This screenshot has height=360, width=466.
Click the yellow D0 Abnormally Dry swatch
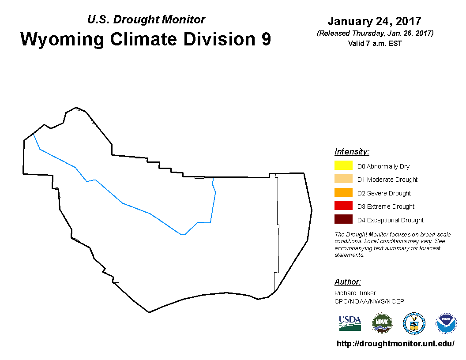(x=343, y=165)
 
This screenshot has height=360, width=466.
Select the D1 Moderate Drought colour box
(x=343, y=179)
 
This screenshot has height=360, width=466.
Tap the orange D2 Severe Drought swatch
(x=343, y=192)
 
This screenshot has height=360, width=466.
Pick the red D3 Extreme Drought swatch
(x=343, y=206)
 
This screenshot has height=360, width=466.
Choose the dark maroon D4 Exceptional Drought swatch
(x=343, y=219)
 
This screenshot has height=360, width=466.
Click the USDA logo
(x=350, y=323)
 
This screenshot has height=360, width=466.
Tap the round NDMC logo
(x=382, y=323)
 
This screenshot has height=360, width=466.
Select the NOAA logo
(x=446, y=323)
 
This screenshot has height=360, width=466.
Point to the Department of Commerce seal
(x=414, y=323)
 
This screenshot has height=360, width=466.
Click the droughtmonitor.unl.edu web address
(x=395, y=344)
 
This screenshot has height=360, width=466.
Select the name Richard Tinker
(x=355, y=293)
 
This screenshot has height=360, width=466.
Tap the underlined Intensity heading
(x=352, y=151)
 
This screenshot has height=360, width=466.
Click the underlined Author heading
(x=347, y=281)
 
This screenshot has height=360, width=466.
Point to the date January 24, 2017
(x=375, y=21)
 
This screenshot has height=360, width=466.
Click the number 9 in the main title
(x=266, y=39)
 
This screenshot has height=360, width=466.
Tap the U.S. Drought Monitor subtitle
(x=146, y=19)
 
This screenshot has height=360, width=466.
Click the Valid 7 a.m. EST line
(x=375, y=43)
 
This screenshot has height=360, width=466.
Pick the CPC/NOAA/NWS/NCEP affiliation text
(x=369, y=301)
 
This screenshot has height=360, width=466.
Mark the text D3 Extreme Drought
(x=386, y=206)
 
